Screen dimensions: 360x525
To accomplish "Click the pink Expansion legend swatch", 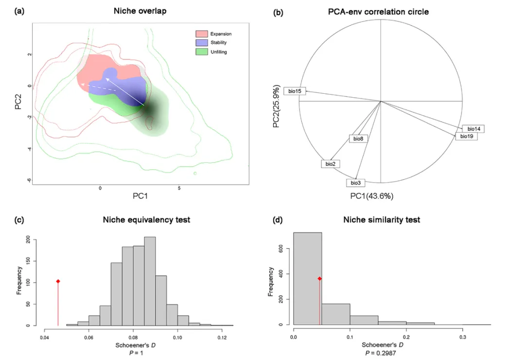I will click(202, 34).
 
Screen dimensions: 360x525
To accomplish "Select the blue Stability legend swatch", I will click(202, 42).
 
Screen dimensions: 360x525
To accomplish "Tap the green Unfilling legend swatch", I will click(202, 51).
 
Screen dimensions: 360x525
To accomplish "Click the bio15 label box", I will click(295, 91).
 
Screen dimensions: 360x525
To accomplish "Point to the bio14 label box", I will click(473, 129).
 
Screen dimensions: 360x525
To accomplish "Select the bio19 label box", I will click(466, 137).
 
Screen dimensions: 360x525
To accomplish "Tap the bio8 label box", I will click(358, 139).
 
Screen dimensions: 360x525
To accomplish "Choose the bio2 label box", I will click(330, 164).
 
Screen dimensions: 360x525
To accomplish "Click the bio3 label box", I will click(355, 183).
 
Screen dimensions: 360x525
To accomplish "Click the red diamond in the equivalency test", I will click(58, 281).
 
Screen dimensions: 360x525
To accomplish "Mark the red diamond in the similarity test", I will click(319, 278).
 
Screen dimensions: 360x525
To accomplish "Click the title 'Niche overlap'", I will click(140, 11).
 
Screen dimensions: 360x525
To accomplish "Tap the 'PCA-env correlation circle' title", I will click(378, 12).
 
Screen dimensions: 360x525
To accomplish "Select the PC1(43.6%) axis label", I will click(372, 196).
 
